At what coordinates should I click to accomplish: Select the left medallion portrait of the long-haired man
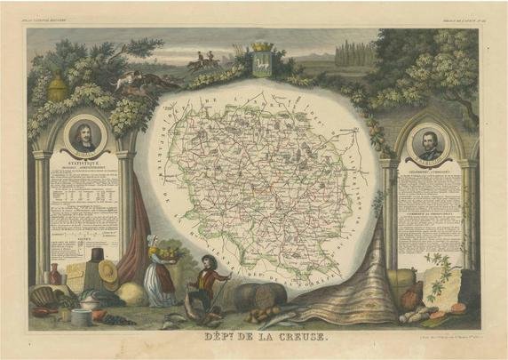[86, 136]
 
